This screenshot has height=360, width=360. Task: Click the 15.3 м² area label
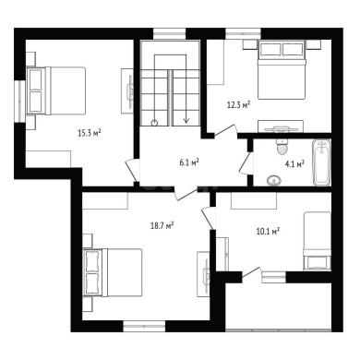[x=90, y=133]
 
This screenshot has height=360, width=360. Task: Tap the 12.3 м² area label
[x=238, y=105]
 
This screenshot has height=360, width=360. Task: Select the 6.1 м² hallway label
[x=188, y=162]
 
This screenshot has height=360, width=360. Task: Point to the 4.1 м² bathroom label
[x=294, y=163]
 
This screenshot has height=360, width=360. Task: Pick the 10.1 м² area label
[x=268, y=231]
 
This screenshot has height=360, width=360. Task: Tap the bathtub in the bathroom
[x=322, y=162]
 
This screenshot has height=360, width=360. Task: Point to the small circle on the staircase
[x=154, y=123]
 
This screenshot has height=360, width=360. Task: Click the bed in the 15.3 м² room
[x=56, y=90]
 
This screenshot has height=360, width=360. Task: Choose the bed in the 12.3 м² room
[x=282, y=70]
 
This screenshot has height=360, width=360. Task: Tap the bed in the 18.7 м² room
[x=113, y=272]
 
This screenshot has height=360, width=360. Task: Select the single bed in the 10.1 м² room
[x=318, y=241]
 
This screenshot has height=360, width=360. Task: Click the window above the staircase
[x=170, y=33]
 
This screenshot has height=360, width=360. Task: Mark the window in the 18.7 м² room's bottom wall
[x=144, y=326]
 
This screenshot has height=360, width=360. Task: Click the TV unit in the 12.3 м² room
[x=281, y=126]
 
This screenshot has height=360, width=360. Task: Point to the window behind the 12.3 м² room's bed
[x=243, y=33]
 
